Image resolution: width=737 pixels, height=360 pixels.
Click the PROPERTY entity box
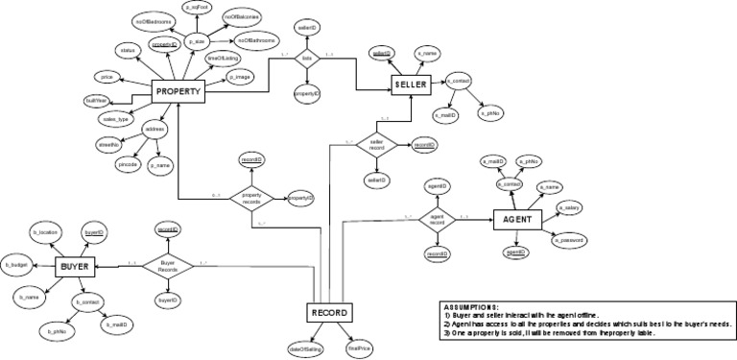pos(179,92)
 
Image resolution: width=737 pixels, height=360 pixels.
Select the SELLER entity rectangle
pos(414,84)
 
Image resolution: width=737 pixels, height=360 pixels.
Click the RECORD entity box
pos(329,313)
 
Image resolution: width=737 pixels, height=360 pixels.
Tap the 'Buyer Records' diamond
pos(168,266)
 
